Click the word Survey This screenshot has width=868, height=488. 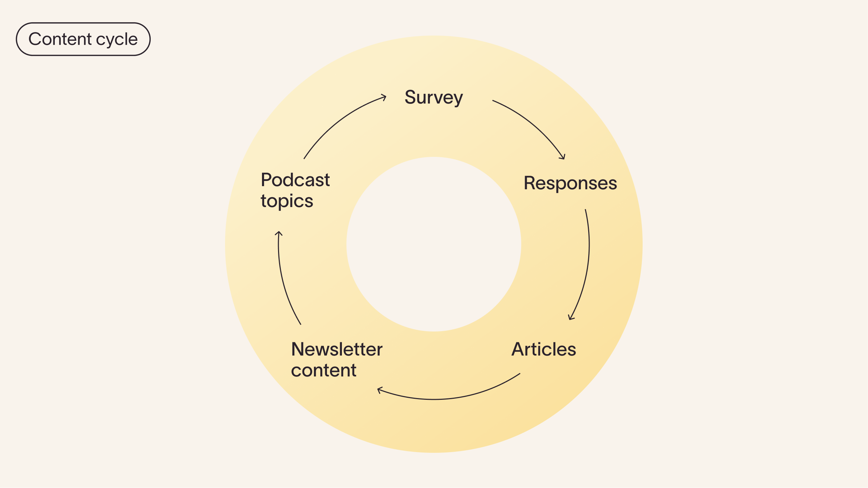434,97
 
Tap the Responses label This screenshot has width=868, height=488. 570,183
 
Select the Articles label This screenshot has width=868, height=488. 544,349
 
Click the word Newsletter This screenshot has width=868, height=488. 337,349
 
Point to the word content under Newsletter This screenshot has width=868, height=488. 323,370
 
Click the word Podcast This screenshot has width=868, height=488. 295,180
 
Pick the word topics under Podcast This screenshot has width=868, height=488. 287,201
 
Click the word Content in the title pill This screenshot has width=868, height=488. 60,39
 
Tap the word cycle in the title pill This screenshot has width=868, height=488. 117,39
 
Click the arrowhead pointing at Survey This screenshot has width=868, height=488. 384,97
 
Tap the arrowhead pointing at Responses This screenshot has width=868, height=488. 563,158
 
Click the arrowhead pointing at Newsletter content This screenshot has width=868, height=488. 380,390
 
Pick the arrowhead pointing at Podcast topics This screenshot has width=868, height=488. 278,233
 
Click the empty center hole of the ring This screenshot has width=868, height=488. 434,244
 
